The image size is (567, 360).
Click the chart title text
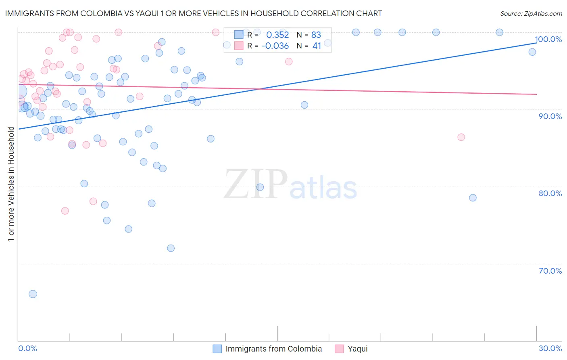click(193, 13)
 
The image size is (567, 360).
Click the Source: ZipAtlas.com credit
click(531, 13)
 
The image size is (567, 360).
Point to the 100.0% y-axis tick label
click(548, 39)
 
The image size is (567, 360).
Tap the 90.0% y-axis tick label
click(550, 116)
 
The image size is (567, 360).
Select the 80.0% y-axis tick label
click(550, 193)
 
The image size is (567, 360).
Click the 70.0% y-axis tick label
click(550, 271)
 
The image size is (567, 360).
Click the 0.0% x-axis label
click(27, 348)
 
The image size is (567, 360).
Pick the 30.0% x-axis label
click(550, 348)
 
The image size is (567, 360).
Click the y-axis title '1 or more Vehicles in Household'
click(11, 184)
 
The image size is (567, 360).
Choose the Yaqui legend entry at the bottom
click(357, 349)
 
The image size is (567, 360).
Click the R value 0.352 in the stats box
click(277, 35)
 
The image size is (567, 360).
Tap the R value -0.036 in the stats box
click(275, 46)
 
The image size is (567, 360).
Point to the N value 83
click(316, 35)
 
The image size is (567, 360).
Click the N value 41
click(317, 46)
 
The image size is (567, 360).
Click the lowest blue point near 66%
click(33, 294)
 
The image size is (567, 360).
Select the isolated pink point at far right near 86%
click(461, 137)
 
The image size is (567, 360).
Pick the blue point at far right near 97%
click(532, 52)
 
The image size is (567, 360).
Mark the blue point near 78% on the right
click(473, 198)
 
